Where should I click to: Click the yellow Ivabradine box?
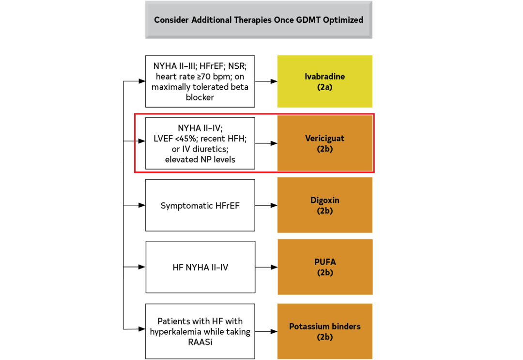pos(324,81)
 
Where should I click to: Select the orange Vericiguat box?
pos(325,143)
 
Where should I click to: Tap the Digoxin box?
pos(324,205)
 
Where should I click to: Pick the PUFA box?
pos(325,267)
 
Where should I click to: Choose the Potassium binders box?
pos(324,331)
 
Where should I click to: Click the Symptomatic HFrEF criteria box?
pos(200,205)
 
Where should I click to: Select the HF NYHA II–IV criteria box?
pos(200,267)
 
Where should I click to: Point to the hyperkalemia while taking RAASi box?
pos(200,331)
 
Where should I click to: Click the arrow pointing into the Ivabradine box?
pos(266,81)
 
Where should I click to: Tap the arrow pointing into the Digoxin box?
pos(266,205)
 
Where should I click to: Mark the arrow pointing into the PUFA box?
pos(266,267)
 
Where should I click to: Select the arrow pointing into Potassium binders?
pos(266,331)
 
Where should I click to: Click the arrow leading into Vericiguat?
pos(266,143)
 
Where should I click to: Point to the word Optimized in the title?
pos(343,20)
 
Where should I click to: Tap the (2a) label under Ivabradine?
pos(324,87)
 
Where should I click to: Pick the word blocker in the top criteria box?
pos(200,97)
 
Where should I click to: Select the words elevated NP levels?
pos(200,159)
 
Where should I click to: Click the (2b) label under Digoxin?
pos(325,211)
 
